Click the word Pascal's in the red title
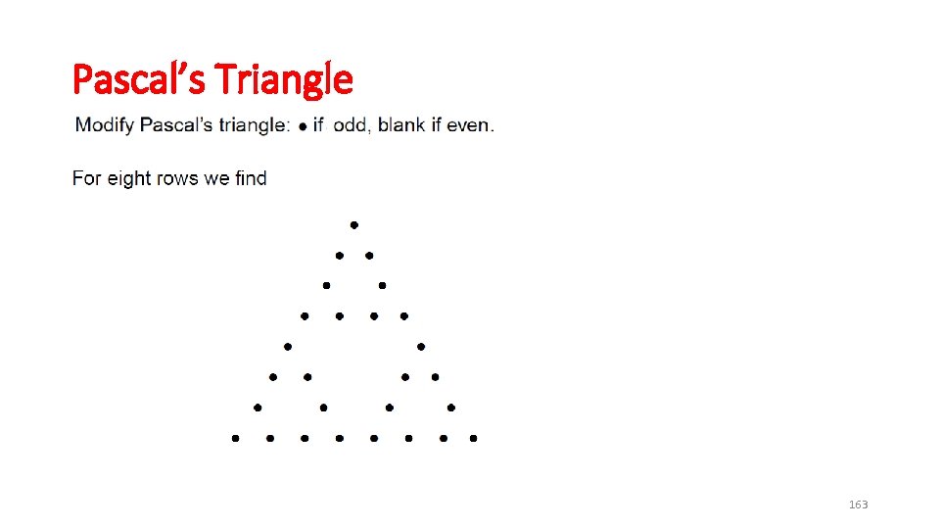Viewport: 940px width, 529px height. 137,78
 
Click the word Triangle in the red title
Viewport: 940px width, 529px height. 283,78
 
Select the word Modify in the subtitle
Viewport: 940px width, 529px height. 105,125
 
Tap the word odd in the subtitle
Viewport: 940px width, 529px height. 351,125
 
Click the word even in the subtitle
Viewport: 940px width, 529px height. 468,125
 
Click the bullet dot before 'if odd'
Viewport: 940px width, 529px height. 304,125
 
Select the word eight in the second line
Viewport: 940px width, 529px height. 126,178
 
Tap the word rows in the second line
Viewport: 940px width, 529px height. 176,178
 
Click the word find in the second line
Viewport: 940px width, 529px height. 251,178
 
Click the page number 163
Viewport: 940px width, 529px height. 858,505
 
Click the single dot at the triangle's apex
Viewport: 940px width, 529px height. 354,225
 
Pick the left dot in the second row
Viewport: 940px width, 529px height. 340,256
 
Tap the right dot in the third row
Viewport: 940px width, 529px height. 383,286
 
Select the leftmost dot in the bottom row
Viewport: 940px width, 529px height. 235,439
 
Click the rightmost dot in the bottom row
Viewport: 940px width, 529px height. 473,439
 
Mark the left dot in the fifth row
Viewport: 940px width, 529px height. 288,347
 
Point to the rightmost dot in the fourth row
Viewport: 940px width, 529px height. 403,316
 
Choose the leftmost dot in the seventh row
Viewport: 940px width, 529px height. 258,408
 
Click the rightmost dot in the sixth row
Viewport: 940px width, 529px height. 435,377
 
